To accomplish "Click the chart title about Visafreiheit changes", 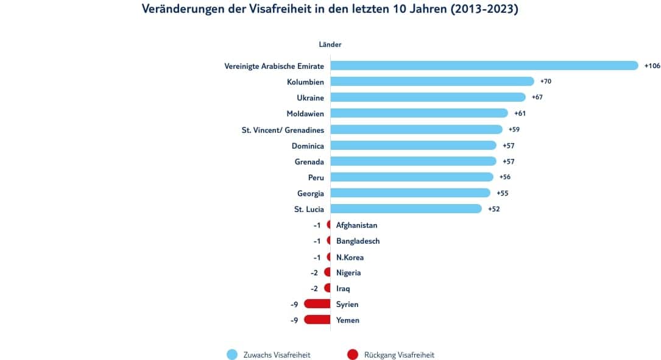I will click(330, 9).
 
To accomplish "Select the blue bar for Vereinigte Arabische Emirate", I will click(484, 66).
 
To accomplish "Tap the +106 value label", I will click(652, 66).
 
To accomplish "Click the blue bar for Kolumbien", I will click(433, 82).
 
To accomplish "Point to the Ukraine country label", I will click(310, 97).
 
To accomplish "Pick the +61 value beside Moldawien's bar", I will click(520, 113).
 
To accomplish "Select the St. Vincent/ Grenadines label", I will click(283, 129).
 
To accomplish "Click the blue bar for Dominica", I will click(414, 146).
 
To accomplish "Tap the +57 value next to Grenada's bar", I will click(508, 161).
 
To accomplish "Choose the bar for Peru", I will click(412, 177).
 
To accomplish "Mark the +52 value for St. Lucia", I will click(493, 209).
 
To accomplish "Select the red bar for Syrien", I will click(317, 304).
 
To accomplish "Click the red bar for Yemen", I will click(317, 320).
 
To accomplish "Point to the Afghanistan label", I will click(356, 225).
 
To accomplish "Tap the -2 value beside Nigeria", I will click(314, 273).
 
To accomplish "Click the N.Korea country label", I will click(350, 257).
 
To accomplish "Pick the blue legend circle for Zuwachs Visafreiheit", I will click(232, 355).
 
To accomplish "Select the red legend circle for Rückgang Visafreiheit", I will click(352, 355).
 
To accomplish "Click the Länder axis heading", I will click(330, 44).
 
